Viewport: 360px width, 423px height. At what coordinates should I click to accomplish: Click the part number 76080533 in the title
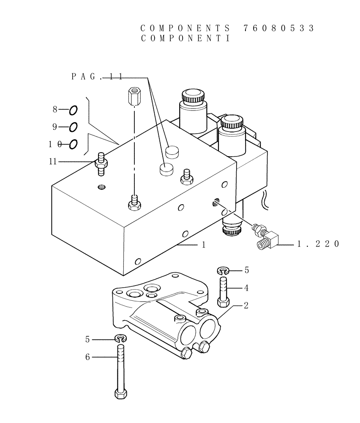click(279, 28)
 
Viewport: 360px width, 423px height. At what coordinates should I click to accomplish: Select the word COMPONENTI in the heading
click(185, 38)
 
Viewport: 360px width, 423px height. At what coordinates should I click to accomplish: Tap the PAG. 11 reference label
click(97, 77)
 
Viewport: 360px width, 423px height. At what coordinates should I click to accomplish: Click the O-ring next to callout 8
click(73, 110)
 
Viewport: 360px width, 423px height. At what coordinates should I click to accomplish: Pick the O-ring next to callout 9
click(73, 127)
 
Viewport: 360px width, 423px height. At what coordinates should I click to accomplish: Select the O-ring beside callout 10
click(73, 144)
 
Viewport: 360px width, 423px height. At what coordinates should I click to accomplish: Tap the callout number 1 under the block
click(203, 244)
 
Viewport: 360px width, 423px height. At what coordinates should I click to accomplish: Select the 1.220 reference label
click(318, 244)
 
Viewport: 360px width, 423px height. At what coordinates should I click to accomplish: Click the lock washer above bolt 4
click(224, 270)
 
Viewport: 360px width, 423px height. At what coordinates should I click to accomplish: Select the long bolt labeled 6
click(120, 372)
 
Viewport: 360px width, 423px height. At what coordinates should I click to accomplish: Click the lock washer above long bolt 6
click(120, 338)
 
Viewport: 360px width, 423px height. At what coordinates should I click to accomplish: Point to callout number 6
click(87, 357)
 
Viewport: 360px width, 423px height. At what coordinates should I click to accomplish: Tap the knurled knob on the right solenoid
click(232, 122)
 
